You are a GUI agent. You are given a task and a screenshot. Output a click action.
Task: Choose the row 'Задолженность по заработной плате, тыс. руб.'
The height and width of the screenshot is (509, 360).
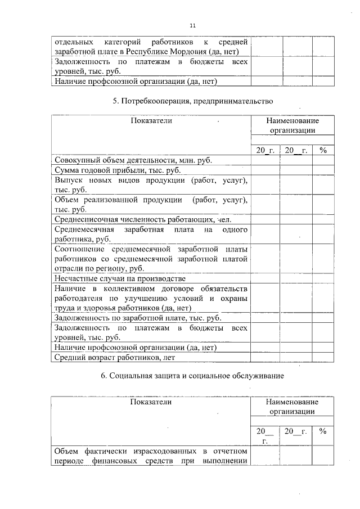tap(129, 317)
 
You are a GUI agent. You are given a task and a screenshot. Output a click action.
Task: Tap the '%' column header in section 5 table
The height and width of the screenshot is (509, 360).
tap(323, 150)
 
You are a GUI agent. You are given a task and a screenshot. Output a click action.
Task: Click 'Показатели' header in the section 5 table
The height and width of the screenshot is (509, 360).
tap(151, 120)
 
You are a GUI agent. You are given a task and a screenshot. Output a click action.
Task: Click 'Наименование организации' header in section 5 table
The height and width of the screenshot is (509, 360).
tap(292, 125)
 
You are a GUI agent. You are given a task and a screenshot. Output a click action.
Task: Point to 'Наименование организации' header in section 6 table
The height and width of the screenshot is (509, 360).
tap(292, 407)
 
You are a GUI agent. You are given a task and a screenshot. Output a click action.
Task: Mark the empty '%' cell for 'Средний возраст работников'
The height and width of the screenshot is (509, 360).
tap(323, 357)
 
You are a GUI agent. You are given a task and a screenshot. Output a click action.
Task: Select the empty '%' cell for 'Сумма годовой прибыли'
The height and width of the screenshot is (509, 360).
tap(323, 170)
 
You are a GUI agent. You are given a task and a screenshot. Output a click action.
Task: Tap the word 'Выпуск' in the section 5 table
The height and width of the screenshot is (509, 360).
tap(68, 180)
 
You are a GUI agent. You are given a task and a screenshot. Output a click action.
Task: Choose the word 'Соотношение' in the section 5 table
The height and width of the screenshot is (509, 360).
tap(79, 249)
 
